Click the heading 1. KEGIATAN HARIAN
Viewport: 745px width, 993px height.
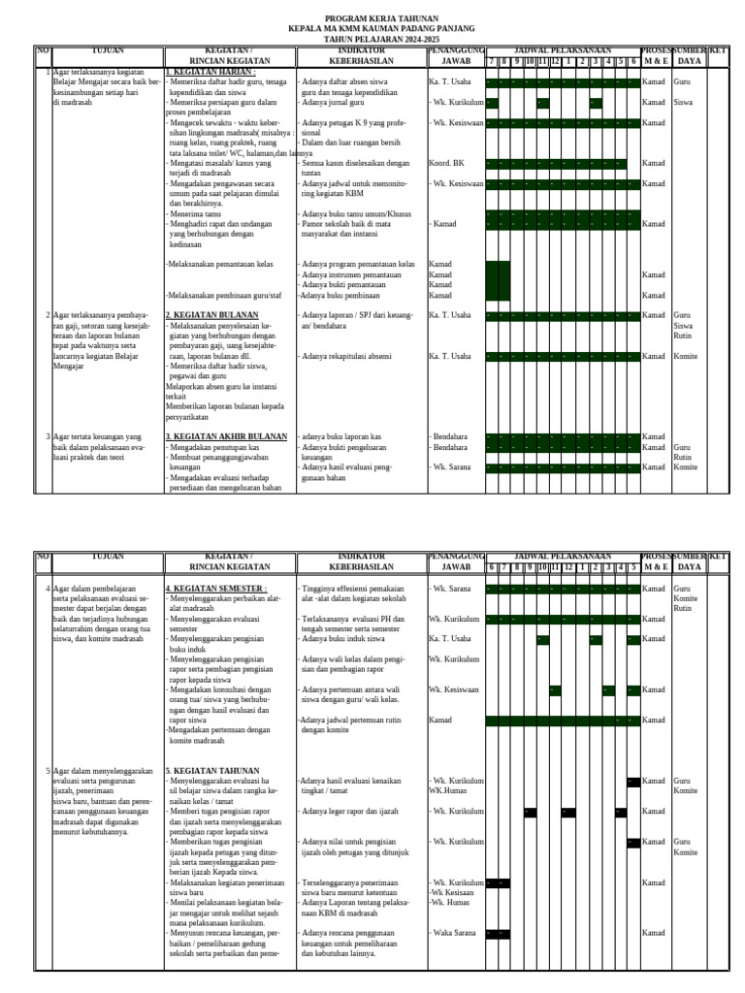(211, 72)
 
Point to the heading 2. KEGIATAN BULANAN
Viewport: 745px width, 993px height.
(215, 315)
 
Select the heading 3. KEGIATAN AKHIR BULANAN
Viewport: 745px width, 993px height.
(226, 436)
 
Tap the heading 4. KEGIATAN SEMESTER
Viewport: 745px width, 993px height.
(216, 589)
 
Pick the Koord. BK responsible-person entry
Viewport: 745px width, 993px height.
(446, 163)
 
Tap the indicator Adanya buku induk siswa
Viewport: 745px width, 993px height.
(346, 638)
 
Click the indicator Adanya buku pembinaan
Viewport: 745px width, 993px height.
(340, 295)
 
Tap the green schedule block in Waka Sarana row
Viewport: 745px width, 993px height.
(497, 934)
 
